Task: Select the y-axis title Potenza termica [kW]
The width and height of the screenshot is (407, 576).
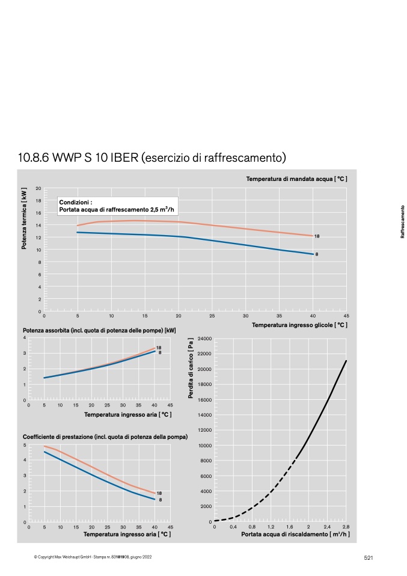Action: click(24, 219)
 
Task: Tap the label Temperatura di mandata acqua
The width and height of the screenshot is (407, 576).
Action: click(296, 179)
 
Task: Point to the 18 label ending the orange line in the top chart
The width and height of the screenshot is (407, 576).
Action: click(317, 236)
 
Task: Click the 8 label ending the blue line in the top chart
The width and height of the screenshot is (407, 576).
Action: click(317, 254)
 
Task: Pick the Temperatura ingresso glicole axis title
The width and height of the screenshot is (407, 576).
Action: click(299, 325)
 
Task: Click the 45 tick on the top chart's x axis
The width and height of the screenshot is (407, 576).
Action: click(346, 316)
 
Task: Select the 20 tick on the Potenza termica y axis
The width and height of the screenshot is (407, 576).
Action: click(38, 188)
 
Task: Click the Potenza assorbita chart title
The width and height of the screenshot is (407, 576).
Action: click(99, 331)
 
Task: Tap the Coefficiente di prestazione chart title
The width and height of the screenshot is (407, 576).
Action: click(105, 437)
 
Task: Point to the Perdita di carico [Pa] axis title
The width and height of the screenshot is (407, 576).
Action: click(191, 369)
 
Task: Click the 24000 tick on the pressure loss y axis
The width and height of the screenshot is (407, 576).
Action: click(204, 339)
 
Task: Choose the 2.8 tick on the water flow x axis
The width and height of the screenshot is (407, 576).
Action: click(346, 527)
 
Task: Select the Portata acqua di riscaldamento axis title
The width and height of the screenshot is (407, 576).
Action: click(295, 534)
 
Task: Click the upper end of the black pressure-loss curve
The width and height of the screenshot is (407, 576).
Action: click(346, 361)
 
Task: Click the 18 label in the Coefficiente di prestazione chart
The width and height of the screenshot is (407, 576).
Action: click(159, 494)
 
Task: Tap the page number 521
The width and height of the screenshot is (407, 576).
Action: click(369, 557)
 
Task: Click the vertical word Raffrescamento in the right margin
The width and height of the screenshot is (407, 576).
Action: click(402, 222)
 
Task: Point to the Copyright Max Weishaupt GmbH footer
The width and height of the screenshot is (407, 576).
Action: click(93, 557)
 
